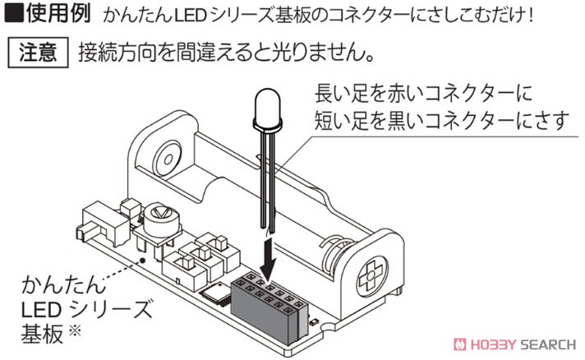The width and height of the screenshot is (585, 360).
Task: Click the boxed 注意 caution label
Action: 38,53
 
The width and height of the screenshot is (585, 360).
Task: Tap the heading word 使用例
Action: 58,13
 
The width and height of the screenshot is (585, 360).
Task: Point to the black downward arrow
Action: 268,261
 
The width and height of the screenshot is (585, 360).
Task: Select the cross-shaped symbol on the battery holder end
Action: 371,276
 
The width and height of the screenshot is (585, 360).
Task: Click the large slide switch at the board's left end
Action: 102,223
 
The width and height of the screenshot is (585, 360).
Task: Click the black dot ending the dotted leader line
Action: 142,261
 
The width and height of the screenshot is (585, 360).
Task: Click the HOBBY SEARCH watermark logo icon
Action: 459,344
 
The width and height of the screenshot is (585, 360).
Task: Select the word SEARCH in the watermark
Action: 548,344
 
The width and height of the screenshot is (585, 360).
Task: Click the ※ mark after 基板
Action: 76,331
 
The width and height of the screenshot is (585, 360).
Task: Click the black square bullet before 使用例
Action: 13,12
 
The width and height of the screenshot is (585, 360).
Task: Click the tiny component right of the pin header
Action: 314,321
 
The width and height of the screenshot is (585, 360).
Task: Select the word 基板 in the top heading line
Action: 292,15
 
